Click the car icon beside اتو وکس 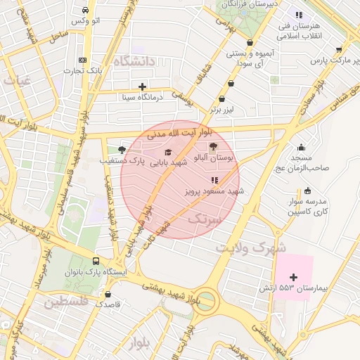pos(85,11)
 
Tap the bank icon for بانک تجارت pos(83,60)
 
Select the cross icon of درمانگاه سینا pos(142,86)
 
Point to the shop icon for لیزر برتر pos(222,99)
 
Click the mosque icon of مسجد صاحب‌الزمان pos(302,147)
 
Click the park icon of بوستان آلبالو pos(213,145)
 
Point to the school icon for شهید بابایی pos(167,151)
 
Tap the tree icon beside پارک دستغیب pos(122,150)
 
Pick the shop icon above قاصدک pos(108,294)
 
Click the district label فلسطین pos(65,302)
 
